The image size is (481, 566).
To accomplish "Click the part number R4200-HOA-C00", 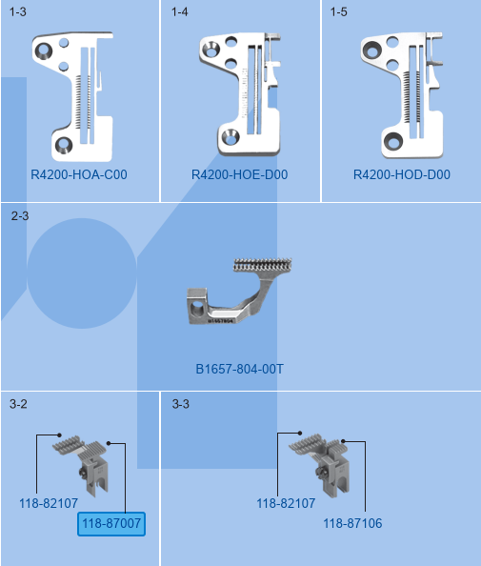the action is pyautogui.click(x=79, y=174).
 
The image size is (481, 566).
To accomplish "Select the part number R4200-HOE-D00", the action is pyautogui.click(x=240, y=174).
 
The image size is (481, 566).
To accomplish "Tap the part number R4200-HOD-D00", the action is pyautogui.click(x=402, y=174).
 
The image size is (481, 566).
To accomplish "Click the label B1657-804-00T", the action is pyautogui.click(x=240, y=370).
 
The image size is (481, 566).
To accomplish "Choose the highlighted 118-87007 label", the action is pyautogui.click(x=111, y=523).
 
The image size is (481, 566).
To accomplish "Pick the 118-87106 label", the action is pyautogui.click(x=352, y=523).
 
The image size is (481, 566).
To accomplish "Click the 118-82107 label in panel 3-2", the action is pyautogui.click(x=49, y=503).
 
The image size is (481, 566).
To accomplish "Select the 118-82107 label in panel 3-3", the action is pyautogui.click(x=286, y=503).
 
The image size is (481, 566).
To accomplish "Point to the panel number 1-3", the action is pyautogui.click(x=18, y=12).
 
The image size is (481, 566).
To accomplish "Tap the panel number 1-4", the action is pyautogui.click(x=180, y=12).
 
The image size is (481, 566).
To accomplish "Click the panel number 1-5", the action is pyautogui.click(x=339, y=12).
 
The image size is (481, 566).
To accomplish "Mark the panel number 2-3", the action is pyautogui.click(x=20, y=216).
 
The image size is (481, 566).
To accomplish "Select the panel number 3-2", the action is pyautogui.click(x=18, y=404).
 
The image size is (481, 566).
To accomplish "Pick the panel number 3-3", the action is pyautogui.click(x=181, y=404).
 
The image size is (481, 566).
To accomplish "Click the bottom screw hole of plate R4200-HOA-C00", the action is pyautogui.click(x=64, y=145).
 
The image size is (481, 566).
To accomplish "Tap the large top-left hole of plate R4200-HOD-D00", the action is pyautogui.click(x=371, y=50).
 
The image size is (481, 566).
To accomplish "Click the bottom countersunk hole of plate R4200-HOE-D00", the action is pyautogui.click(x=230, y=137).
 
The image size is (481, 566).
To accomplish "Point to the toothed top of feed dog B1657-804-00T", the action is pyautogui.click(x=263, y=265).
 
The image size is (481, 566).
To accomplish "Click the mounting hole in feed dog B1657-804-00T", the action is pyautogui.click(x=197, y=309).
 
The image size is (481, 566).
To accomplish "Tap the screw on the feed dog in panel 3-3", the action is pyautogui.click(x=320, y=472).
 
